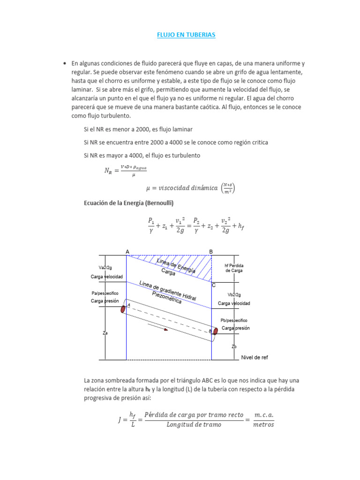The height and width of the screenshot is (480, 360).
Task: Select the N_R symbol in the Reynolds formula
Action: coord(108,171)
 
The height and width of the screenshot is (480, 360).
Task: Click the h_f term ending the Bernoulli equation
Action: coord(241,226)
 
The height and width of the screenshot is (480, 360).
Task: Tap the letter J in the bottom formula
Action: coord(120,420)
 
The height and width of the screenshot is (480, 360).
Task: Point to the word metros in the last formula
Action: coord(263,425)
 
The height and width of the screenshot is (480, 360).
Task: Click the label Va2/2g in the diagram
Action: coord(105,268)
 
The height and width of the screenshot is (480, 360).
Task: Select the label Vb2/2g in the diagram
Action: coord(234,295)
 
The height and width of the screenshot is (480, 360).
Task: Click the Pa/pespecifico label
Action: coord(105,293)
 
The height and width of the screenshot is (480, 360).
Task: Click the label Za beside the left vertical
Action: coord(105,333)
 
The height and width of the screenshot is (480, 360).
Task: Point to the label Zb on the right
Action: coord(234,346)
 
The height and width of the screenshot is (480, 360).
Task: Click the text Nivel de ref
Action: coord(255,357)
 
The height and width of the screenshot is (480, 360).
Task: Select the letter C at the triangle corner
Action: coord(214,285)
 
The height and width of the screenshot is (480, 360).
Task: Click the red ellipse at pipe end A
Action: coord(123,309)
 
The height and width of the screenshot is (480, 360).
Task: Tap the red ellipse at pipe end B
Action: coord(216,331)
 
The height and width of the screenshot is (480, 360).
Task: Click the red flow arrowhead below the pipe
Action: coord(165,329)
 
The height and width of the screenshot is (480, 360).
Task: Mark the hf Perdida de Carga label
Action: coord(234,268)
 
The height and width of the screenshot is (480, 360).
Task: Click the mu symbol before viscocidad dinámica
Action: coord(149,188)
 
